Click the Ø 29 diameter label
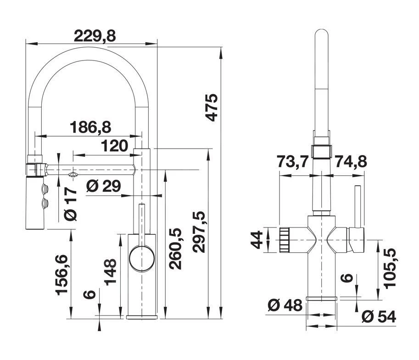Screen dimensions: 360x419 click(x=103, y=186)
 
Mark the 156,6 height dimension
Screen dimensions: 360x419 click(x=63, y=274)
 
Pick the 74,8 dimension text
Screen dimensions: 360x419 click(x=351, y=161)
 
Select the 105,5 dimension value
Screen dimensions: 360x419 click(x=390, y=268)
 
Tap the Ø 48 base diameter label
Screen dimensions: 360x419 click(x=284, y=305)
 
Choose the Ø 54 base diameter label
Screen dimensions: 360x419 click(x=378, y=316)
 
